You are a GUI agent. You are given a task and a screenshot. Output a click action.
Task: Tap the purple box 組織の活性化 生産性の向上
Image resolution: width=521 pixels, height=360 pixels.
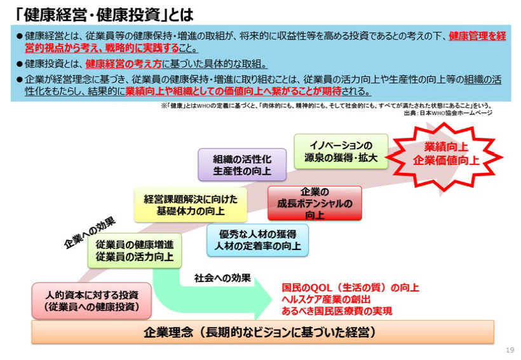click(242, 164)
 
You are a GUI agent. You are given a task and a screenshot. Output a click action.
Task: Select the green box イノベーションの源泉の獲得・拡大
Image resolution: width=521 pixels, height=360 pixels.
click(341, 152)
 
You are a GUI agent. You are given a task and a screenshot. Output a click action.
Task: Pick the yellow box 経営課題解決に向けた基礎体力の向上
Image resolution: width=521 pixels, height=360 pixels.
click(191, 205)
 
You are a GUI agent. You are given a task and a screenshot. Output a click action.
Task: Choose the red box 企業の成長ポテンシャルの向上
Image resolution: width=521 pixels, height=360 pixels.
click(315, 203)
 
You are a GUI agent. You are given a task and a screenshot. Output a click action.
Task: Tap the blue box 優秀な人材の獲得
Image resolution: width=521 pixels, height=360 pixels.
click(257, 240)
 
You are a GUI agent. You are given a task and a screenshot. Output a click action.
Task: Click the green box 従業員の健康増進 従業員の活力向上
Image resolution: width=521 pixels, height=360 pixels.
click(135, 251)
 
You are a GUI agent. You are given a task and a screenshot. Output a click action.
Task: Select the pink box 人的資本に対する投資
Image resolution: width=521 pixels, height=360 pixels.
click(91, 301)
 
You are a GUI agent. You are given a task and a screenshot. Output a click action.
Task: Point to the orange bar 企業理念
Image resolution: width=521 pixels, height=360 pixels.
click(263, 332)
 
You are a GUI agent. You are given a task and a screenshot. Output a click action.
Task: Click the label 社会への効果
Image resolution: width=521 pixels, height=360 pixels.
click(222, 278)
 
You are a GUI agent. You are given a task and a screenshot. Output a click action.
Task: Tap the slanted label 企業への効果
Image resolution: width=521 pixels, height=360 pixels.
click(90, 233)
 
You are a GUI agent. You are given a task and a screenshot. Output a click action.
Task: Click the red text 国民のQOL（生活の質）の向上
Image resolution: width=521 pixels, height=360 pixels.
click(350, 287)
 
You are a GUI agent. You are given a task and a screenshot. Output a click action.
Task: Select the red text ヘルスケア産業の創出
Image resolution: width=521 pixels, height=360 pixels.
click(326, 299)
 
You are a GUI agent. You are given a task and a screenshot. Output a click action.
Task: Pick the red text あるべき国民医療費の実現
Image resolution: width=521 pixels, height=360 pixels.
click(337, 311)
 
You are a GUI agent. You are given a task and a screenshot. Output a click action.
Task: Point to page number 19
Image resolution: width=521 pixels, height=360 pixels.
click(510, 350)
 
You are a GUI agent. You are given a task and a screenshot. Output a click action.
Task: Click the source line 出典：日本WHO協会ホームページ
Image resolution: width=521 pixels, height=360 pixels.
click(448, 113)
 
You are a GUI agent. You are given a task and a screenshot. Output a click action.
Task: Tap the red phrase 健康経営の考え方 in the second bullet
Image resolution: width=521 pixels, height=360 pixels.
click(124, 63)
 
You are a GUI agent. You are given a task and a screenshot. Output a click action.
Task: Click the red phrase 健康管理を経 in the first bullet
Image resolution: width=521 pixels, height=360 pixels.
click(477, 36)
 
